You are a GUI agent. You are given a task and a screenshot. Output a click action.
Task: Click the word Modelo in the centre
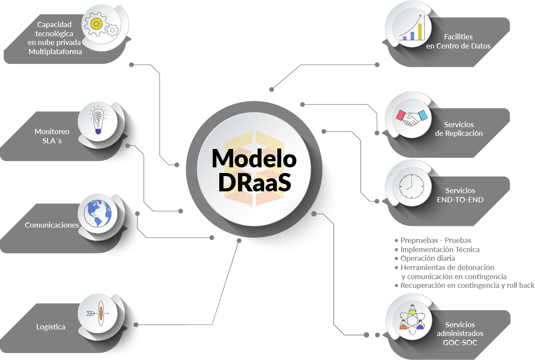click(x=254, y=158)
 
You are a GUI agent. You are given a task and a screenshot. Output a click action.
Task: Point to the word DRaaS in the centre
click(x=254, y=183)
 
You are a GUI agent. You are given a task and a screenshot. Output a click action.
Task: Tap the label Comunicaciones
click(x=52, y=225)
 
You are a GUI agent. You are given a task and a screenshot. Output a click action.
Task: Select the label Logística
click(x=51, y=327)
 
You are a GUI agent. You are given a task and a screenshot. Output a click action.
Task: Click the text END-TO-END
click(x=460, y=200)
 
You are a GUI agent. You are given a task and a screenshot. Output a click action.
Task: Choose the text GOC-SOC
click(x=460, y=343)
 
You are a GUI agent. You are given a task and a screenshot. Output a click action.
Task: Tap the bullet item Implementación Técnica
click(x=440, y=249)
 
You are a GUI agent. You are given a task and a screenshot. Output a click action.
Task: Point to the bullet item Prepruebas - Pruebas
click(x=435, y=240)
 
